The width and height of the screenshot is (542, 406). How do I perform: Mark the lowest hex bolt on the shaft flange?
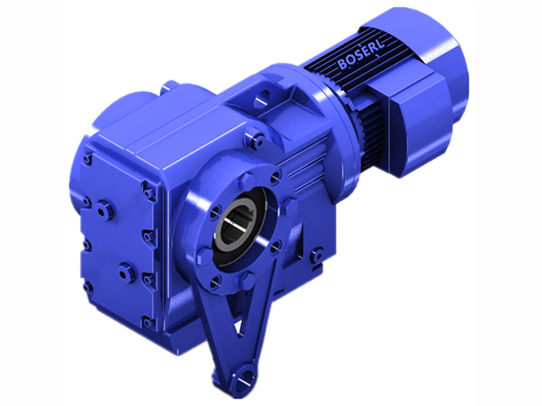click(x=215, y=284)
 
